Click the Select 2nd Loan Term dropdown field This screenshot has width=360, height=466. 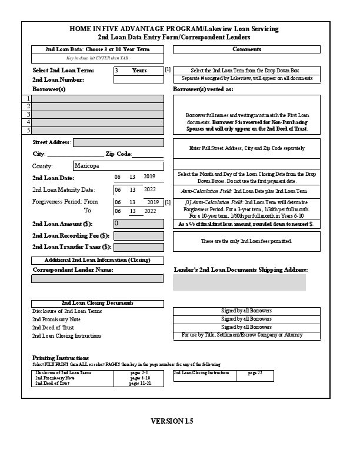[x=138, y=70]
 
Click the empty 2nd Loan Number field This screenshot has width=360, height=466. [x=138, y=79]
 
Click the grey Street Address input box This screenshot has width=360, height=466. [x=118, y=142]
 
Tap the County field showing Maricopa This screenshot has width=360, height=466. [x=118, y=166]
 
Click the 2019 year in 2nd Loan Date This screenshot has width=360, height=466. [x=149, y=177]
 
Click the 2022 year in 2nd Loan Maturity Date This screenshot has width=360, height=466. [x=149, y=189]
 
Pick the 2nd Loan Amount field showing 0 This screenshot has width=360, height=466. [x=138, y=224]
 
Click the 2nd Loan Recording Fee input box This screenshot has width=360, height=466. [x=138, y=235]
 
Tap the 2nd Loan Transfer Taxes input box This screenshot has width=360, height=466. [x=138, y=247]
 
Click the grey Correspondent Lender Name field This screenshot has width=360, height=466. [x=97, y=279]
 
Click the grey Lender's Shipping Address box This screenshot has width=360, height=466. [x=239, y=282]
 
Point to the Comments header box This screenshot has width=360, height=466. [x=246, y=49]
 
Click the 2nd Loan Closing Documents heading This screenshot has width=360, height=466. [x=98, y=302]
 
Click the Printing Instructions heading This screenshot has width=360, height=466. [x=60, y=358]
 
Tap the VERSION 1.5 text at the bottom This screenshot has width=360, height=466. [x=172, y=421]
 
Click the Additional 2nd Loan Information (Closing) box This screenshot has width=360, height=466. [x=98, y=260]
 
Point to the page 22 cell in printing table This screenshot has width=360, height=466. [x=255, y=373]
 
